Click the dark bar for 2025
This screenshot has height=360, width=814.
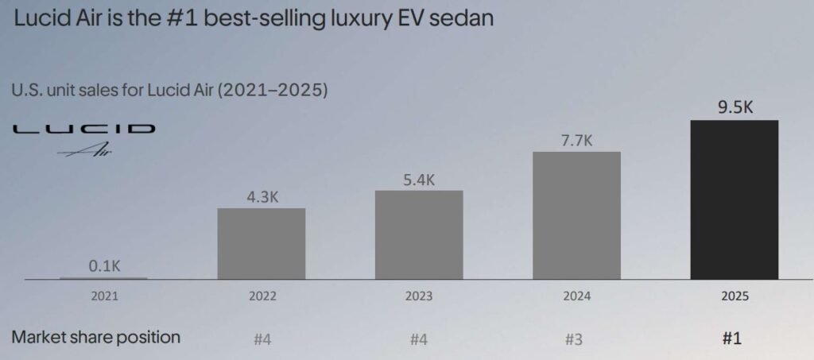coord(734,199)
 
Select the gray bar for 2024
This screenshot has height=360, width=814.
coord(576,215)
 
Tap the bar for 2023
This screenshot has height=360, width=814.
coord(419,235)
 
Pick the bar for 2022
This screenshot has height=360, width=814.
coord(261,244)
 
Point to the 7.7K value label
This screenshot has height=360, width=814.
coord(576,140)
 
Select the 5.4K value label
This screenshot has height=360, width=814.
coord(419,179)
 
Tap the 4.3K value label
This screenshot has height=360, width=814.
coord(261,196)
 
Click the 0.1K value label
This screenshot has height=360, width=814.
coord(104,265)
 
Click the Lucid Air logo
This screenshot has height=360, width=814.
coord(84,137)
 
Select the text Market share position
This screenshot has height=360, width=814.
coord(96,337)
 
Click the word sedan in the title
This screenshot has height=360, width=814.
coord(464,18)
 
